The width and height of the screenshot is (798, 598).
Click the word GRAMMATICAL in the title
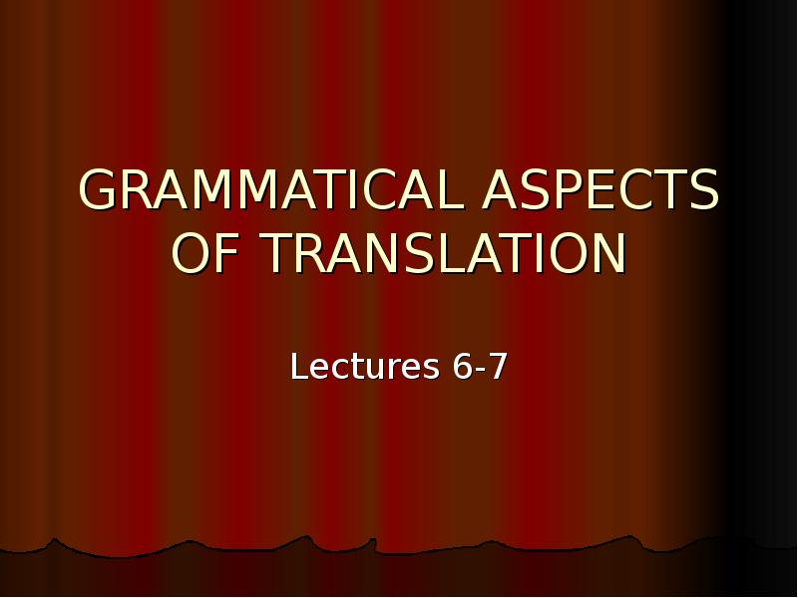click(270, 190)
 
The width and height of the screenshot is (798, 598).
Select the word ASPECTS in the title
click(600, 190)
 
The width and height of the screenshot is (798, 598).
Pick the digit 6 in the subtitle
click(463, 367)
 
